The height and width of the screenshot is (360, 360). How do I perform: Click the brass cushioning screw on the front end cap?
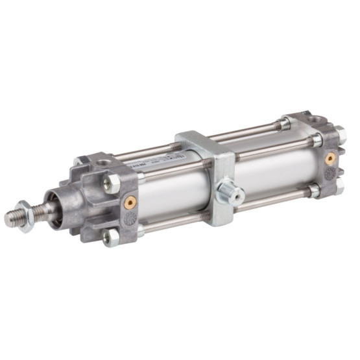pos(128,202)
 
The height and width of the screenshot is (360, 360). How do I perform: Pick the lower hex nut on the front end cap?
pos(112,239)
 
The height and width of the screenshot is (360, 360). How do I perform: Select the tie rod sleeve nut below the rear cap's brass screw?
pos(314,191)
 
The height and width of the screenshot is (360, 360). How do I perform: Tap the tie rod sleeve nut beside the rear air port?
pos(285,123)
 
